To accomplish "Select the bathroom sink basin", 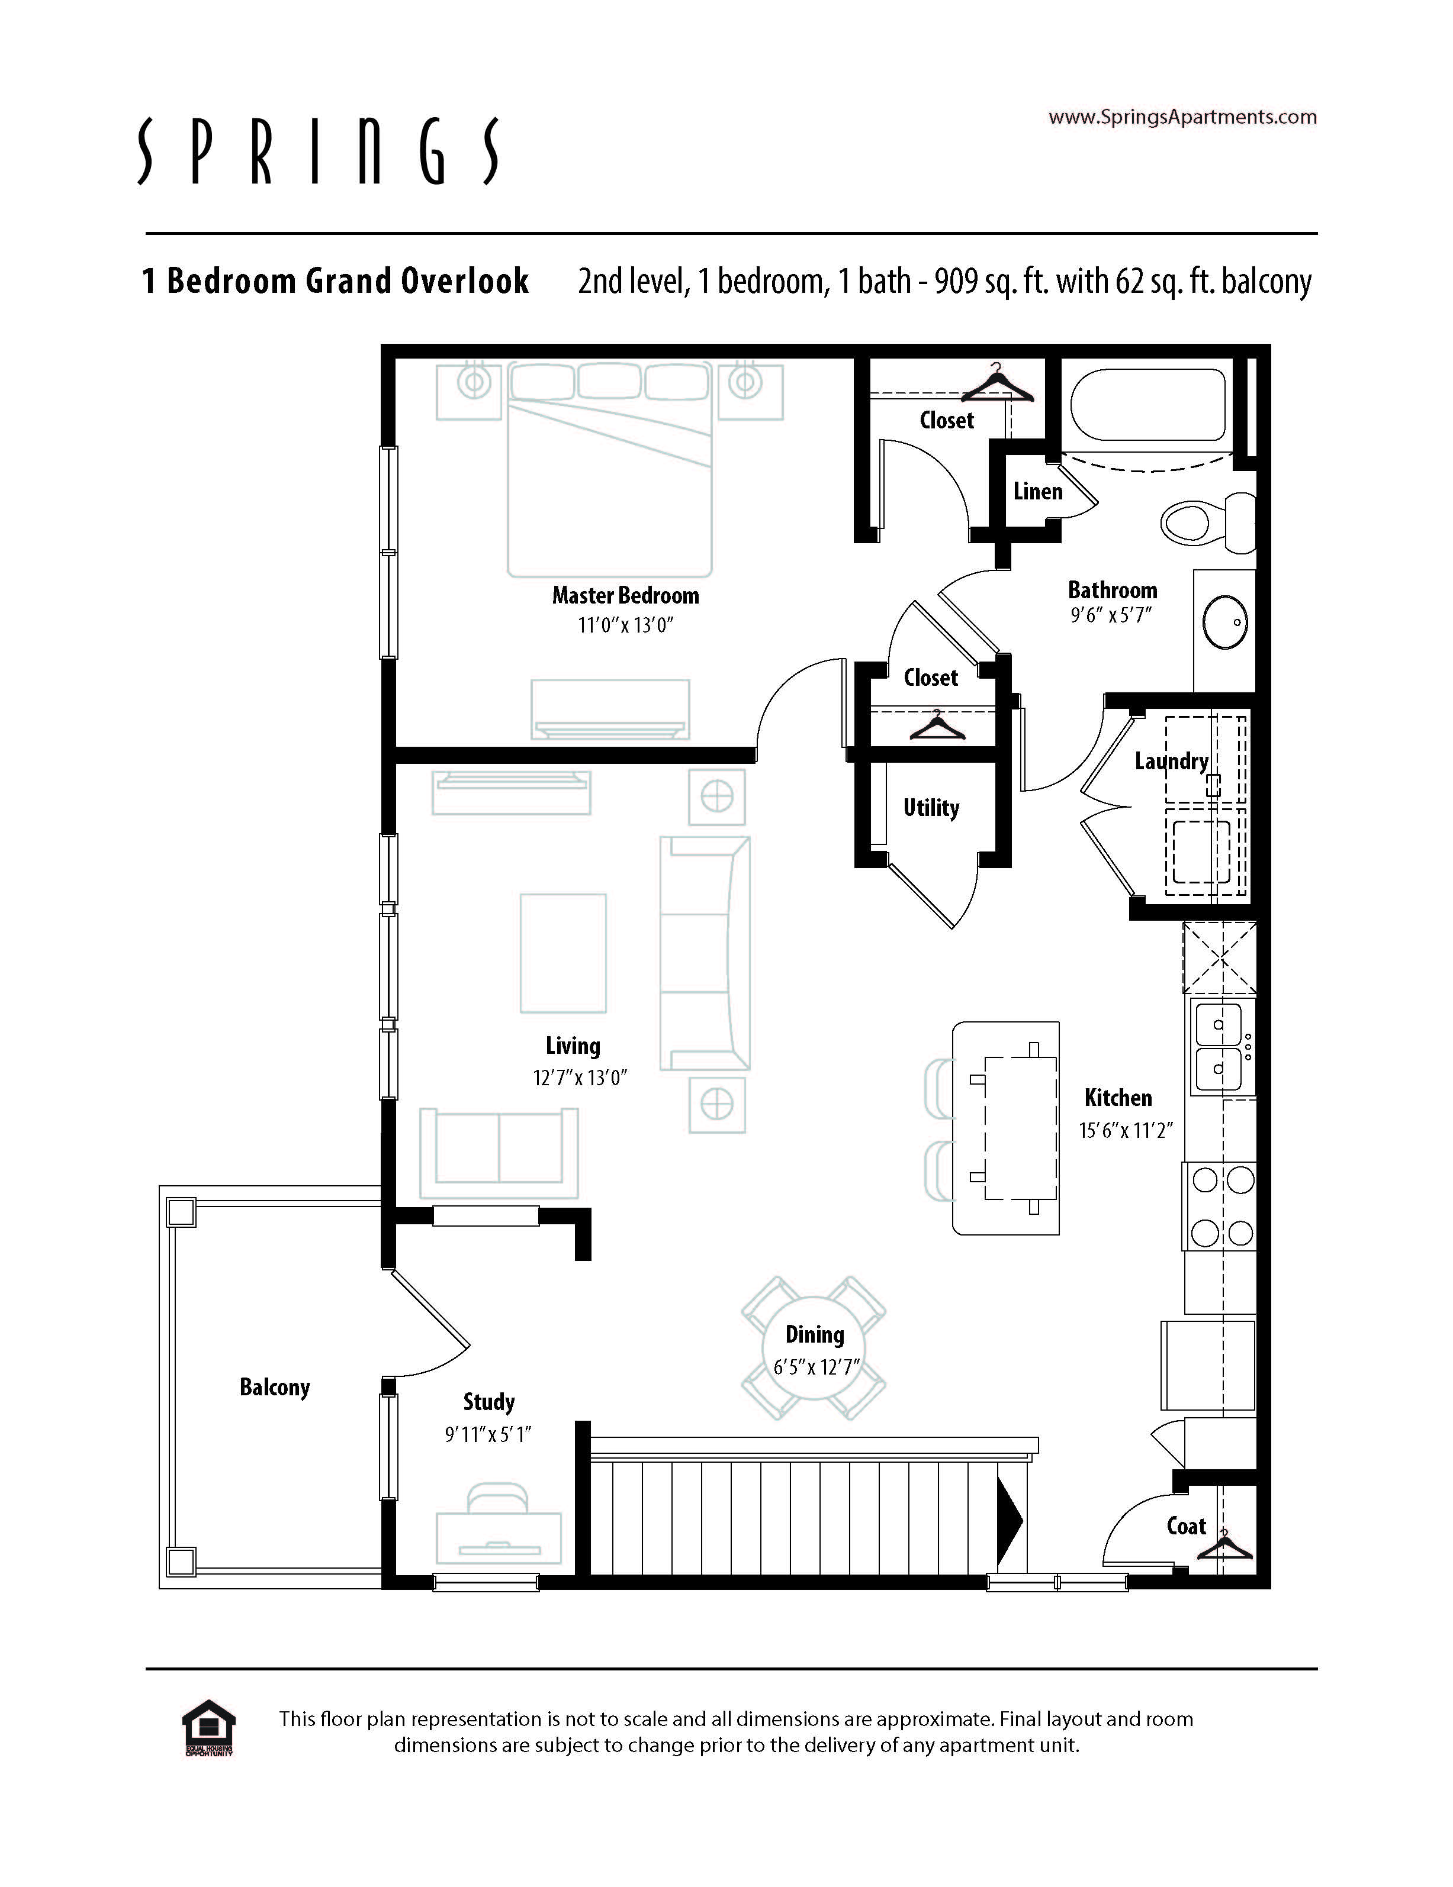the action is [1226, 621].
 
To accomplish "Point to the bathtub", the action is [1149, 406].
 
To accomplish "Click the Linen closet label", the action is [1037, 492].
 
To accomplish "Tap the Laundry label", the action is [1171, 761].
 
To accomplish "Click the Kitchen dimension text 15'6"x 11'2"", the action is [1126, 1130].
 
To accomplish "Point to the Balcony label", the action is [274, 1387].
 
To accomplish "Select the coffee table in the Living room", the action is [562, 953].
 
